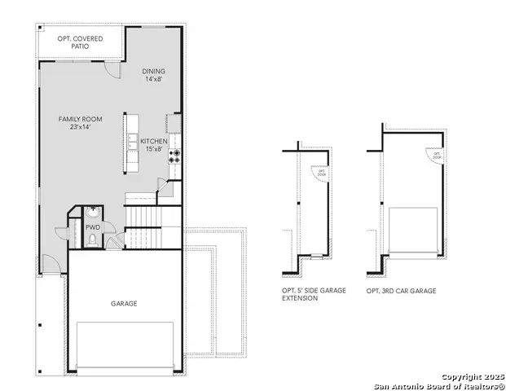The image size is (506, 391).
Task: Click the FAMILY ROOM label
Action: tap(79, 119)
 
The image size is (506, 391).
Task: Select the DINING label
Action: tap(154, 70)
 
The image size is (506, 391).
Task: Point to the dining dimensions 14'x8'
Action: tap(154, 79)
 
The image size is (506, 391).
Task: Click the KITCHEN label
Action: tap(154, 141)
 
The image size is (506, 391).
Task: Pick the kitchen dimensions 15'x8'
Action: tap(154, 150)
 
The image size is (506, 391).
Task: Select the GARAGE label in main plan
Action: tap(124, 303)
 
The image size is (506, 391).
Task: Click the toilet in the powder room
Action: tap(93, 239)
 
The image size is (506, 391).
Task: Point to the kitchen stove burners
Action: tap(174, 156)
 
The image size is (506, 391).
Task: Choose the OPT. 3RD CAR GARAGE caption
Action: tap(401, 291)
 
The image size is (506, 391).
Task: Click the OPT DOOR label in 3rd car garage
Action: tap(437, 154)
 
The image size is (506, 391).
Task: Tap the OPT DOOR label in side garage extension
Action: tap(321, 173)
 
